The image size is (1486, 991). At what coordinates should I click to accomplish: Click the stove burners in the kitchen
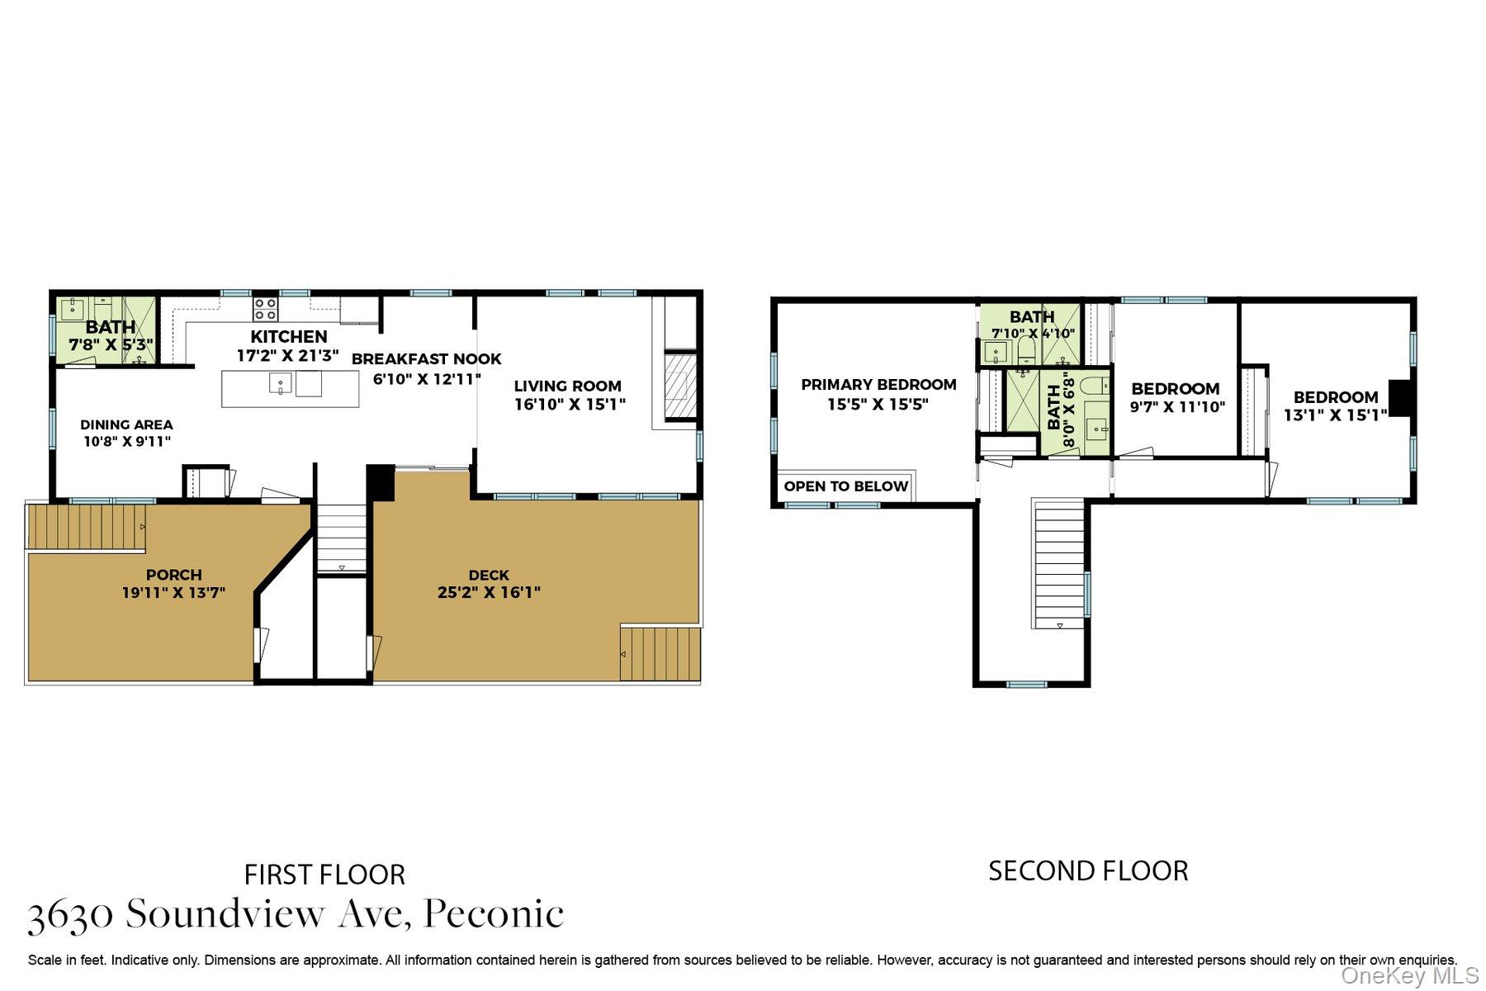coord(265,309)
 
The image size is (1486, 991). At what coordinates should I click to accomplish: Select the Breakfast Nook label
coord(426,359)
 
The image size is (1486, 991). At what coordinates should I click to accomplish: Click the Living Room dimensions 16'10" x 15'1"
coord(570,405)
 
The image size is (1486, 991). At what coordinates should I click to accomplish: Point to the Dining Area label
coord(126,424)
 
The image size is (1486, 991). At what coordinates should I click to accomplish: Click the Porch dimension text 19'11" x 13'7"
coord(173,593)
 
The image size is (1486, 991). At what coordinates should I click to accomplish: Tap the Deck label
coord(489,575)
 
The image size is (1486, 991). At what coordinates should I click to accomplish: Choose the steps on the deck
coord(660,654)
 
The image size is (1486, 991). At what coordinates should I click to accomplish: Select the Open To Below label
coord(846,486)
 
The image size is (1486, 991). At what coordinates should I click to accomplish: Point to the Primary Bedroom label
coord(878,385)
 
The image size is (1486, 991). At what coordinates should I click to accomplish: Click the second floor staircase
coord(1059,564)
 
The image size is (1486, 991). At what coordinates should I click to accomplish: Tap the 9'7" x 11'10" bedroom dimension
coord(1177,407)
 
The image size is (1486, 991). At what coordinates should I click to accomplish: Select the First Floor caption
coord(324,875)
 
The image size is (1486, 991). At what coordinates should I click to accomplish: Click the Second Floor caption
coord(1088,870)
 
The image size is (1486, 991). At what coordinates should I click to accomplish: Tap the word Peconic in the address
coord(494,914)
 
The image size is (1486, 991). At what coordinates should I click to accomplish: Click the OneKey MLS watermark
coord(1410,976)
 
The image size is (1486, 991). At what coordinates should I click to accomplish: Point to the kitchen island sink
coord(281,384)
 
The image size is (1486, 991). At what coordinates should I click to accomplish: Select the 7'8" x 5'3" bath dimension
coord(111,345)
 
